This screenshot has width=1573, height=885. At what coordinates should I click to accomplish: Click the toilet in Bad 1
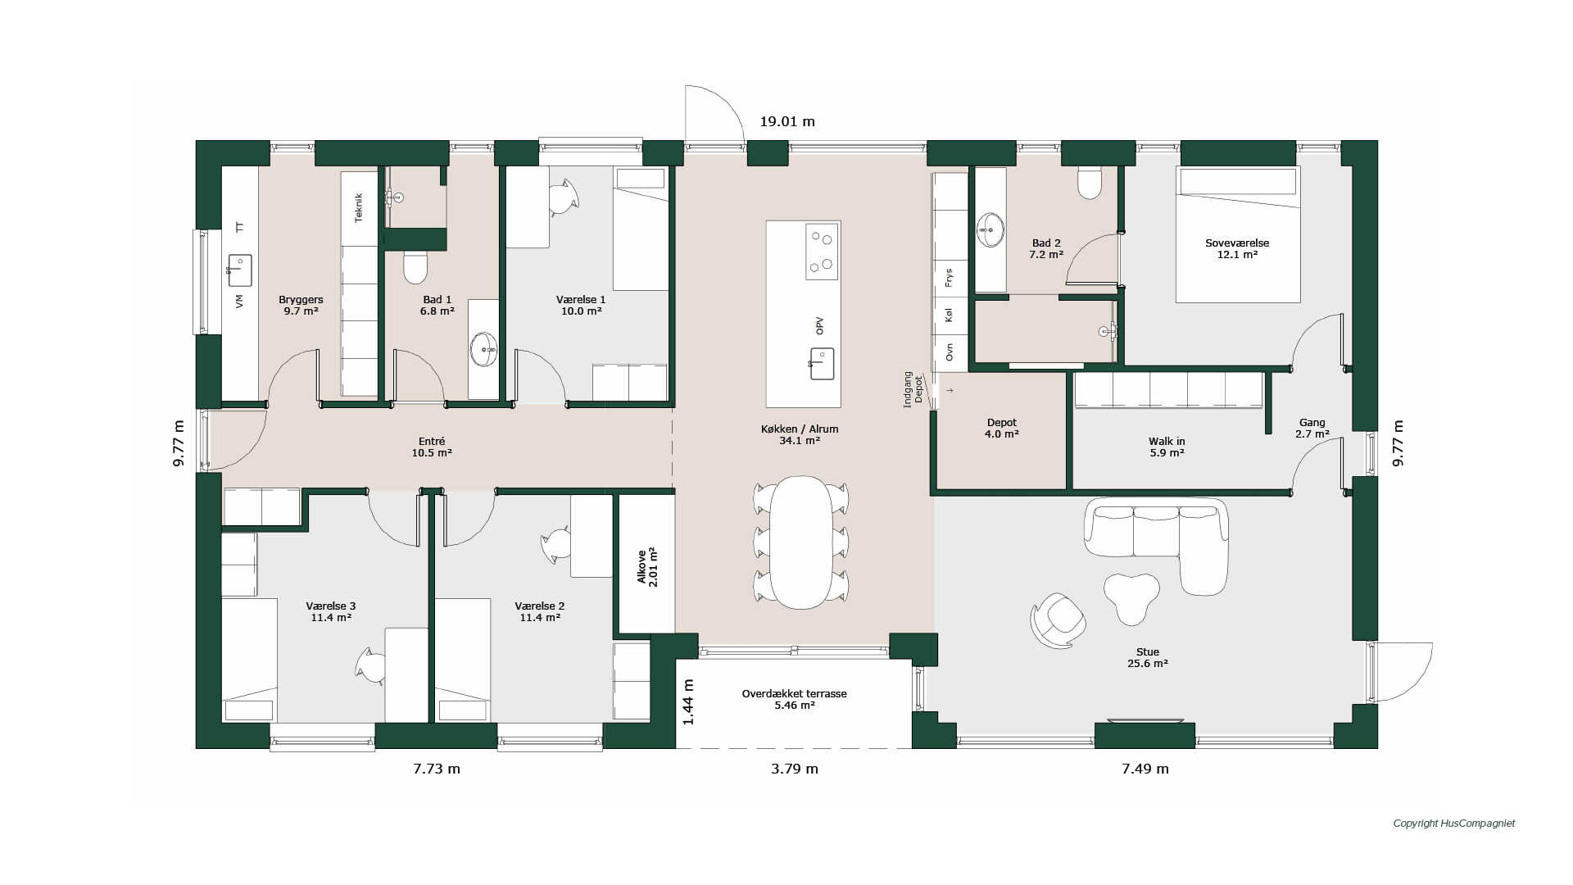[x=416, y=265]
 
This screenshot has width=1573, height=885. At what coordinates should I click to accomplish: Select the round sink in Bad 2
[x=990, y=229]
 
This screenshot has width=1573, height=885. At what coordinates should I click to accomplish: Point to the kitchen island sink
[x=821, y=363]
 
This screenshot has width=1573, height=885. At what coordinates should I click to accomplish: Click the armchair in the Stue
[x=1058, y=620]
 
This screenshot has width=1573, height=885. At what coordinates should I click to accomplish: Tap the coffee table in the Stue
[x=1131, y=597]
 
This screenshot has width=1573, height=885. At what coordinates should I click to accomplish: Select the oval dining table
[x=801, y=542]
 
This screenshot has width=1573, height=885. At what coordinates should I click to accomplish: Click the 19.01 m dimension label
[x=787, y=121]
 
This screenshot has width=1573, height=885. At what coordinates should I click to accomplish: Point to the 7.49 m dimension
[x=1145, y=769]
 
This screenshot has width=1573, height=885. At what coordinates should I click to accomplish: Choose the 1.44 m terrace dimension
[x=688, y=702]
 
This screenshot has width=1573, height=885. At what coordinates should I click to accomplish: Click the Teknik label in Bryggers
[x=358, y=207]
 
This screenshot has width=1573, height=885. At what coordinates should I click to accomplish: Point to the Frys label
[x=949, y=278]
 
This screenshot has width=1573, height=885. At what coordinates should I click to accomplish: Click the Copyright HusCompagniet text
[x=1454, y=824]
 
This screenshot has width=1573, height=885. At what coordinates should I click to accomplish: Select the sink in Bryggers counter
[x=239, y=270]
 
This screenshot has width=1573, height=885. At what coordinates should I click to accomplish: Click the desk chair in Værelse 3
[x=370, y=665]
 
